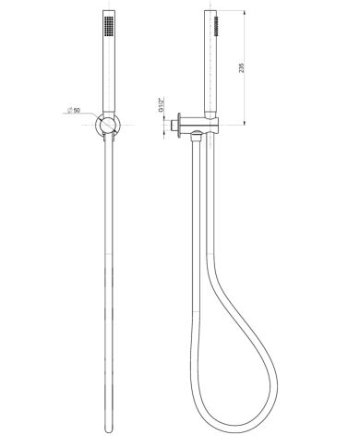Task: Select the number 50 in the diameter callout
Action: point(77,111)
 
